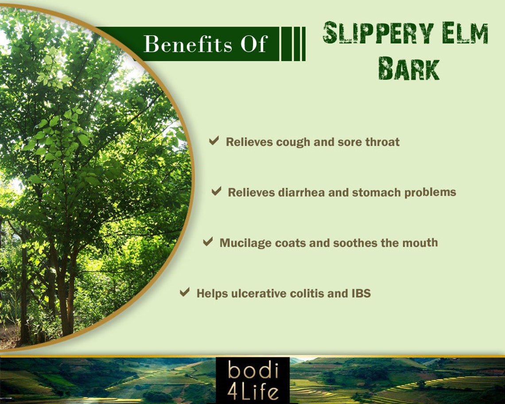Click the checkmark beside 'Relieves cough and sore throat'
click(214, 141)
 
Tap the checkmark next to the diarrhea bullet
click(216, 191)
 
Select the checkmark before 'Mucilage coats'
click(208, 242)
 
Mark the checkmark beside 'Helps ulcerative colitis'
click(185, 292)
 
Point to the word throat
click(382, 142)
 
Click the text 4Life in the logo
click(253, 392)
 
